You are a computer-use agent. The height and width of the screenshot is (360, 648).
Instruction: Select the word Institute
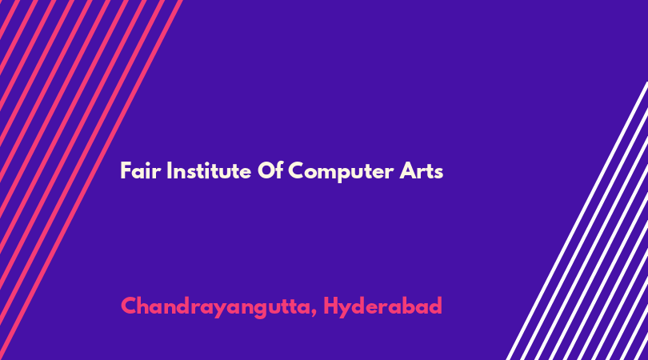pyautogui.click(x=209, y=170)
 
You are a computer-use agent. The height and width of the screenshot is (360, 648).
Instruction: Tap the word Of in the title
pyautogui.click(x=270, y=170)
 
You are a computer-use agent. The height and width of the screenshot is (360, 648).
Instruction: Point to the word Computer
pyautogui.click(x=341, y=172)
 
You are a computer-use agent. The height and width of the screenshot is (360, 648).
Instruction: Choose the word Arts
pyautogui.click(x=421, y=171)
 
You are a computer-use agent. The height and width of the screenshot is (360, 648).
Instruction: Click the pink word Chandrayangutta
pyautogui.click(x=215, y=307)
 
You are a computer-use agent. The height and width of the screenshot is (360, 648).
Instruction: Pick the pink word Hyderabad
pyautogui.click(x=382, y=307)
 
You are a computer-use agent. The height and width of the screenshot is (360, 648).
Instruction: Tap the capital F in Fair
pyautogui.click(x=126, y=170)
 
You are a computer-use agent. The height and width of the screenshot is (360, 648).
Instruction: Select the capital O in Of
pyautogui.click(x=266, y=170)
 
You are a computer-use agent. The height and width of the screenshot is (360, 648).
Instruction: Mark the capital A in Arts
pyautogui.click(x=407, y=170)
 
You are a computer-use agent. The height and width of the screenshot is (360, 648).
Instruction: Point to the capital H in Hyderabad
pyautogui.click(x=330, y=306)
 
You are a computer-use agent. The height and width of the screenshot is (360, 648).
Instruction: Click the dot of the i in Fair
pyautogui.click(x=146, y=164)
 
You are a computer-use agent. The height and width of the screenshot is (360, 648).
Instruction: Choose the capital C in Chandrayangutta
pyautogui.click(x=129, y=306)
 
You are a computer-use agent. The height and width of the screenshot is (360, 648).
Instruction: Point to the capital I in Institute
pyautogui.click(x=169, y=170)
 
